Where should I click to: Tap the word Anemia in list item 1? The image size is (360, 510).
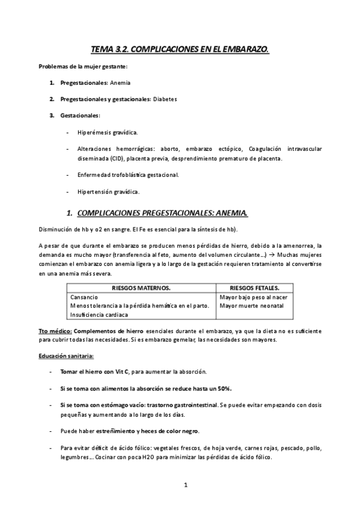tap(120, 82)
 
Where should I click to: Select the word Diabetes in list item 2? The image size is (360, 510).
tap(165, 99)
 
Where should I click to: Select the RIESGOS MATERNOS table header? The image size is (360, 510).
tap(141, 288)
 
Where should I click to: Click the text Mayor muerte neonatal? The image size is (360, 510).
tap(252, 306)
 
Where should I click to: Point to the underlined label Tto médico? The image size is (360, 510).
tap(55, 331)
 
